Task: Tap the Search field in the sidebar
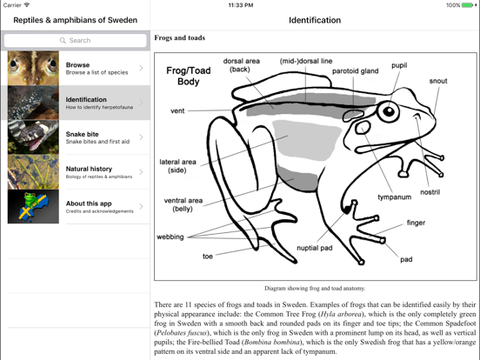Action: [75, 40]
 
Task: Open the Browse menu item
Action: [96, 68]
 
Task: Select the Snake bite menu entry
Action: [96, 137]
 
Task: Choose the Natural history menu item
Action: [96, 172]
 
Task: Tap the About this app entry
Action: [96, 207]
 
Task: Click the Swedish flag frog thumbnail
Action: [33, 207]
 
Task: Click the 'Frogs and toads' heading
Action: [179, 38]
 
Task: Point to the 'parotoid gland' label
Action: [355, 71]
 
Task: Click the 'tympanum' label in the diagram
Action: [394, 197]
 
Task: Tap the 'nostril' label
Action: [430, 192]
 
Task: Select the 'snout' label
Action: [438, 81]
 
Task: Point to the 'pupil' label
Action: [398, 65]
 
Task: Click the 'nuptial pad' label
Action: [314, 248]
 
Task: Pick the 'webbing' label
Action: [170, 237]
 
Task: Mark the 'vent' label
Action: [177, 111]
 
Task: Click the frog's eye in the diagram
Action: [388, 111]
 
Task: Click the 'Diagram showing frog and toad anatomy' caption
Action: [315, 288]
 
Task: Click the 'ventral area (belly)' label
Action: [183, 204]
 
